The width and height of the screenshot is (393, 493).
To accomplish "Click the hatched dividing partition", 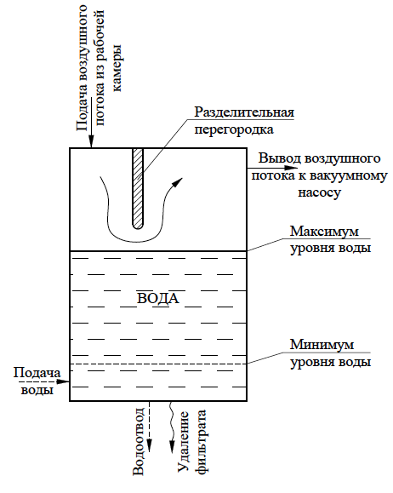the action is tap(138, 188).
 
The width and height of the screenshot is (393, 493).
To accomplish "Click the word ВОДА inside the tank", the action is tap(158, 298).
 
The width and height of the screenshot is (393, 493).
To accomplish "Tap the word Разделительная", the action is tap(244, 112).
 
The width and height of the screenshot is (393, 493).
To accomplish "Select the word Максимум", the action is tap(324, 232).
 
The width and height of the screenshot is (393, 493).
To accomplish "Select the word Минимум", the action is tap(322, 345).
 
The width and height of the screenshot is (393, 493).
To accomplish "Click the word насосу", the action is tap(319, 192).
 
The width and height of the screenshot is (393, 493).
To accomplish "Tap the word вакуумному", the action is tap(348, 175).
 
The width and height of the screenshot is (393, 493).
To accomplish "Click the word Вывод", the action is tap(280, 158).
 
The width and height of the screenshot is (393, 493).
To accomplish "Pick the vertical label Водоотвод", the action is tap(139, 441).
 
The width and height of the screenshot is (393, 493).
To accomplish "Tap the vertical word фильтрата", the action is tap(201, 441).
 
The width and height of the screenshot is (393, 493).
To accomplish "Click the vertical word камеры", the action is tap(117, 68).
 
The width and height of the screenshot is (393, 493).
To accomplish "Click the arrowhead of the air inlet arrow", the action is tap(91, 142).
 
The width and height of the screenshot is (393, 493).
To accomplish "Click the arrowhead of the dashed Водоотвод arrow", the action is tap(149, 446).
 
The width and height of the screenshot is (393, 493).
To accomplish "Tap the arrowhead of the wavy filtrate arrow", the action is tap(172, 447).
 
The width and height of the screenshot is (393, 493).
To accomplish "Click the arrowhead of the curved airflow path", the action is tap(178, 182).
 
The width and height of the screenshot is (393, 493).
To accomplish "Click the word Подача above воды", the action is tap(37, 373).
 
